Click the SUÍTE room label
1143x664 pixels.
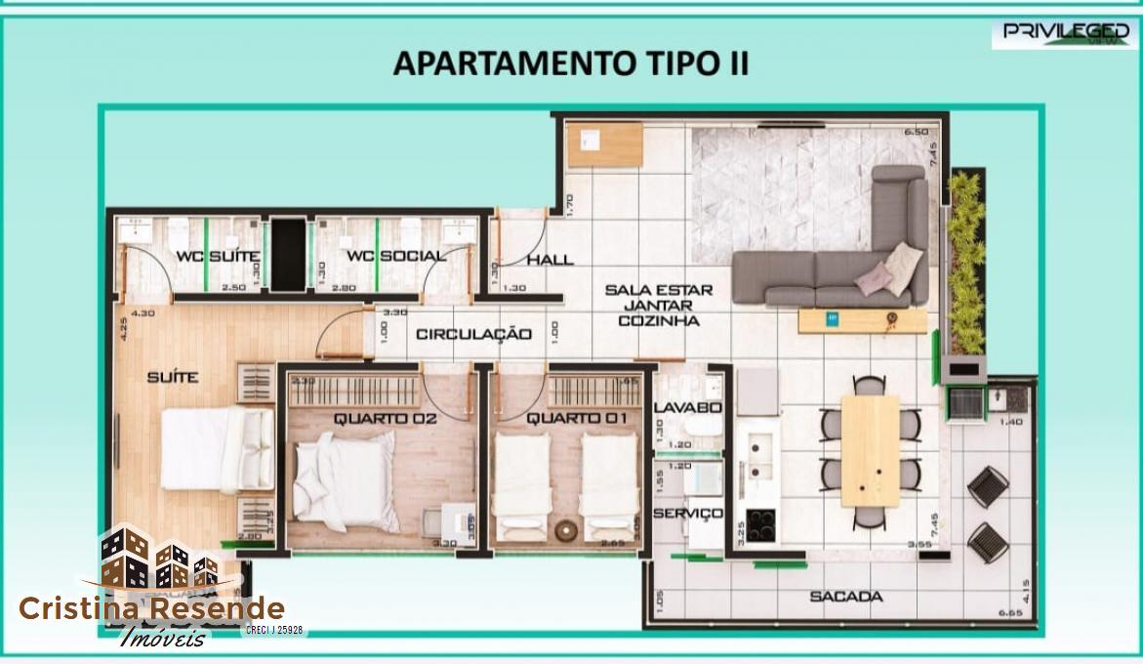pyautogui.click(x=173, y=376)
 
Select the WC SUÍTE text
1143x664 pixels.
pyautogui.click(x=218, y=257)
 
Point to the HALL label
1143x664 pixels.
pyautogui.click(x=550, y=261)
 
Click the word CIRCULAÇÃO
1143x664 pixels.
pyautogui.click(x=474, y=334)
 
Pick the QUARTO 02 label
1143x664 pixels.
pyautogui.click(x=371, y=419)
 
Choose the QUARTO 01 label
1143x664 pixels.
pyautogui.click(x=564, y=419)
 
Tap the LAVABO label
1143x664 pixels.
pyautogui.click(x=687, y=407)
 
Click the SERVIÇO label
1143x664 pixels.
pyautogui.click(x=687, y=513)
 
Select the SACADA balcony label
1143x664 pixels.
pyautogui.click(x=846, y=596)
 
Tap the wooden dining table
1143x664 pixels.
pyautogui.click(x=870, y=449)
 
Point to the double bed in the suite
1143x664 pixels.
pyautogui.click(x=218, y=449)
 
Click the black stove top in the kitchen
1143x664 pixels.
pyautogui.click(x=760, y=525)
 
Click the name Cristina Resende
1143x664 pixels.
pyautogui.click(x=151, y=609)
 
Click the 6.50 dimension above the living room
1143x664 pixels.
pyautogui.click(x=915, y=132)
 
